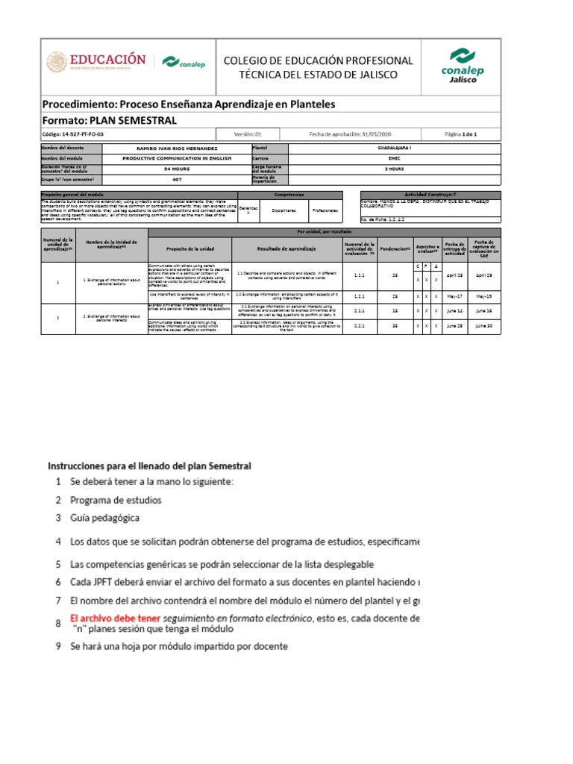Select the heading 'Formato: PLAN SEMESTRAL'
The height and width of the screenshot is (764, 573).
tap(109, 120)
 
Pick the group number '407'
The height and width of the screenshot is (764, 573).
tap(177, 179)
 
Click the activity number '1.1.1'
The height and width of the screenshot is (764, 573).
tap(359, 275)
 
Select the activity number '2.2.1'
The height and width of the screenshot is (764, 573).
tap(359, 325)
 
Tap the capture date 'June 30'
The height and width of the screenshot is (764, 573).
tap(483, 325)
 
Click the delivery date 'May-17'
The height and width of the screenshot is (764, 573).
tap(454, 295)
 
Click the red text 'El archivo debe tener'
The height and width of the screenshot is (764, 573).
tap(115, 618)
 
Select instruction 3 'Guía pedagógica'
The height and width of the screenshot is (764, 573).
tap(104, 517)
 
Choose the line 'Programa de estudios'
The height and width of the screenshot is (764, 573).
tap(116, 499)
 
